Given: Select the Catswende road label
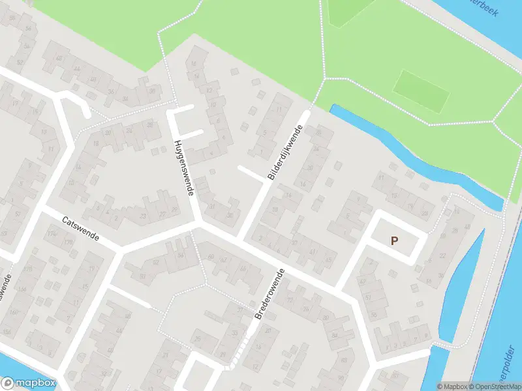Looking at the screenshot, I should (81, 229).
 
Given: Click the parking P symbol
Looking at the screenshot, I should (394, 240).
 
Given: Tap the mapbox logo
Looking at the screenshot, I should (29, 383).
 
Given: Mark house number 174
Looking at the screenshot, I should (52, 232).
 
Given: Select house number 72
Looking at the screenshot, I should (288, 300).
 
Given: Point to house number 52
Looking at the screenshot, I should (20, 63).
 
